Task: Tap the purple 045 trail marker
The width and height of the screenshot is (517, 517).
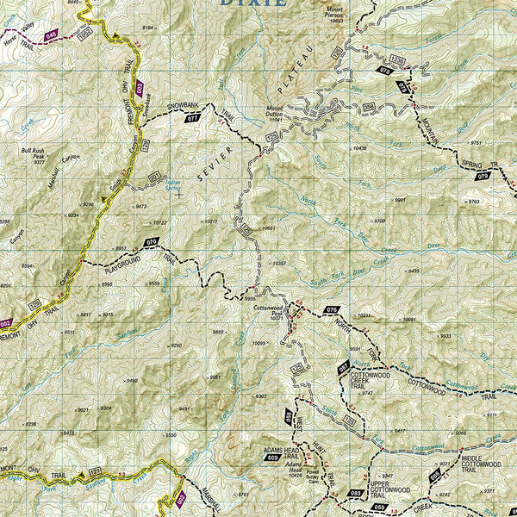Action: click(52, 34)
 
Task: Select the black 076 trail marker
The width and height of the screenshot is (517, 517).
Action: click(333, 308)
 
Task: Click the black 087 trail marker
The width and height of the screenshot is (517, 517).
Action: click(342, 369)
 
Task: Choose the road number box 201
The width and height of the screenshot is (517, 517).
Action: click(154, 178)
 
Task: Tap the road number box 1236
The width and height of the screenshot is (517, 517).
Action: click(397, 59)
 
